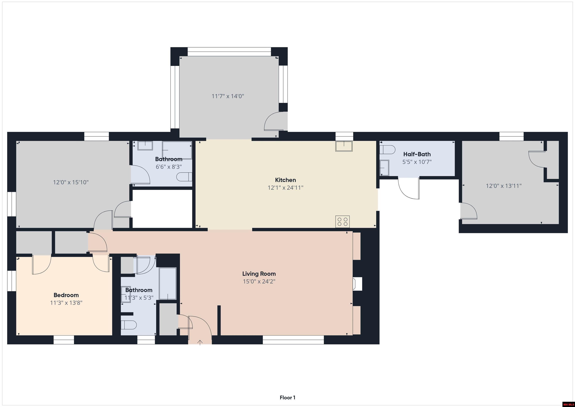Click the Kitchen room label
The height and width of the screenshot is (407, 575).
pos(285,180)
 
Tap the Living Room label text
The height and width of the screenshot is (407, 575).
pos(259,274)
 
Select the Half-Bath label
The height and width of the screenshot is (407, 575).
pos(417,154)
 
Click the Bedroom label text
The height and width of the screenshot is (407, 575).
pos(66,295)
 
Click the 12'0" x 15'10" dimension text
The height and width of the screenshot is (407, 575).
pos(71,182)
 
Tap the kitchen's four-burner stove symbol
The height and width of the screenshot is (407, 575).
pos(343,222)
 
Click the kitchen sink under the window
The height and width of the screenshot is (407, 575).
pos(344,146)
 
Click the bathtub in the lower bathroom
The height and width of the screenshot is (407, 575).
pos(168,283)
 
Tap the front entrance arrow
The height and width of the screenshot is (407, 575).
pos(200,343)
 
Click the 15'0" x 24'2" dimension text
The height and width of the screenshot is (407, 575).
pos(259,282)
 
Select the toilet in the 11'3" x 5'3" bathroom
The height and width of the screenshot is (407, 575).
pos(129,325)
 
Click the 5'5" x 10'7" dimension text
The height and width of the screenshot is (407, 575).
pos(417,162)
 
